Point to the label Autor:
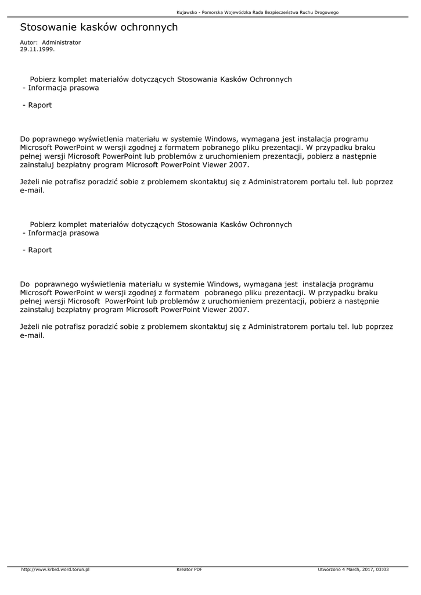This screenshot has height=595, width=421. coord(28,42)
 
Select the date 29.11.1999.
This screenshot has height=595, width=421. coord(37,49)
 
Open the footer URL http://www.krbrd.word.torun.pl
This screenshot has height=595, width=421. coord(55,569)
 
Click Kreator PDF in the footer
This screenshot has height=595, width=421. coord(189,569)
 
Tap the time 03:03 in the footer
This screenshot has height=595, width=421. coord(382,569)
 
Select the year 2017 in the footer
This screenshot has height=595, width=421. coord(367,569)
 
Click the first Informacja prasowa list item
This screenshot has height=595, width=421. coord(63,88)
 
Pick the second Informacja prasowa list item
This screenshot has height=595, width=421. coord(63,233)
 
